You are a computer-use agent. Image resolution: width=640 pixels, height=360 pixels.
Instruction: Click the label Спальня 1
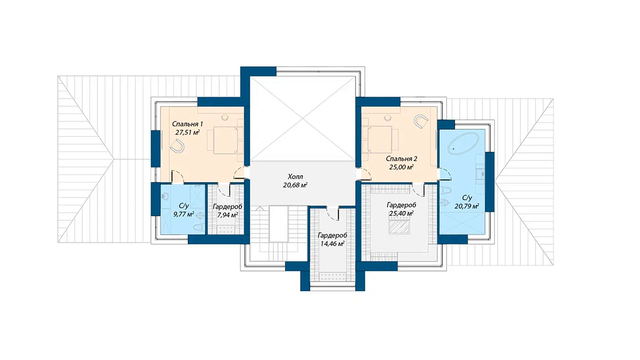click(188, 124)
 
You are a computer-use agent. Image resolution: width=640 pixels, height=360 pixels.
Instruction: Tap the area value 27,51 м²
click(188, 132)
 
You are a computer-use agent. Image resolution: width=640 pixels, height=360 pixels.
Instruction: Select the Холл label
click(296, 176)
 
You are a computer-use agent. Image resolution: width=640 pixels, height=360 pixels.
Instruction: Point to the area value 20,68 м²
click(295, 185)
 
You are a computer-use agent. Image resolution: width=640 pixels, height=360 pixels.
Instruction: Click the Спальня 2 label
click(402, 158)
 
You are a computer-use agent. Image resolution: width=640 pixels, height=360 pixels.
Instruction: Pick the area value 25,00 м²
click(402, 167)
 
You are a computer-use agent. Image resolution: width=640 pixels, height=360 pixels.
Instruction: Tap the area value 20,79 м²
click(467, 206)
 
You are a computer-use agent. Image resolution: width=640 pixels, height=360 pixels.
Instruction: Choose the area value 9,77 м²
click(184, 214)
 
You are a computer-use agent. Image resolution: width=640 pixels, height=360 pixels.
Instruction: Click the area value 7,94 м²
click(228, 215)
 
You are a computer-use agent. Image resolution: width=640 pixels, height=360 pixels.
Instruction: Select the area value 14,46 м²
click(332, 244)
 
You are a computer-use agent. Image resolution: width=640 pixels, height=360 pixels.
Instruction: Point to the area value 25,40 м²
click(402, 214)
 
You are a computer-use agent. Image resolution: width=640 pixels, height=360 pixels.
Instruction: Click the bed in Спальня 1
click(225, 140)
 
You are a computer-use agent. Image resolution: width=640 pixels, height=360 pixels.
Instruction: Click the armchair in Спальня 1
click(177, 146)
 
